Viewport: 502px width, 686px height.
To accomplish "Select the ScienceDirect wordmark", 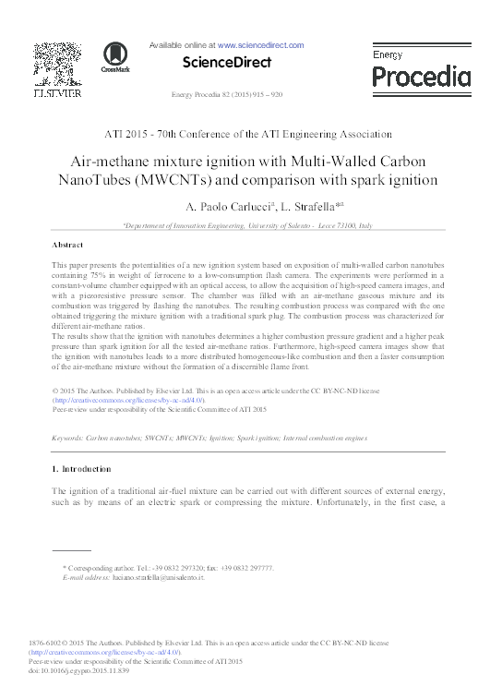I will pos(227,63).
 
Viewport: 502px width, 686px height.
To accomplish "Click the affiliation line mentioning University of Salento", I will pos(247,225).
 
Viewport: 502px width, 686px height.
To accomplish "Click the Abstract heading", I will pos(68,246).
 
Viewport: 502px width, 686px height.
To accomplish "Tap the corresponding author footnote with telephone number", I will pos(167,567).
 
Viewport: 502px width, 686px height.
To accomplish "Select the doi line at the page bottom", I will pos(78,671).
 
